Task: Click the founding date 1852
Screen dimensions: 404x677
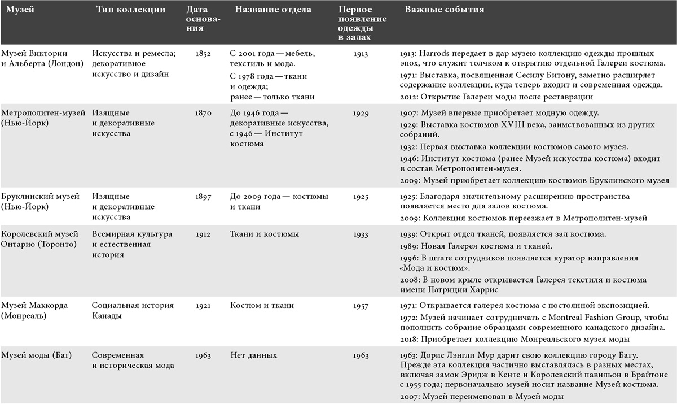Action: (204, 54)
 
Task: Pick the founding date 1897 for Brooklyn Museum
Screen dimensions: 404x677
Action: (204, 197)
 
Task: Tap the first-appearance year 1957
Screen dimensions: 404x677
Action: (361, 306)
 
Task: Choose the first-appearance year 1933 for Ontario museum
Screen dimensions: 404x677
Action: (361, 234)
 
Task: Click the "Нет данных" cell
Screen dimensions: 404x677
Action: (254, 355)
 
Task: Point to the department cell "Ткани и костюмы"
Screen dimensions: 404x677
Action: (265, 234)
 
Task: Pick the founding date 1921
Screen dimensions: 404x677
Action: (204, 306)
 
